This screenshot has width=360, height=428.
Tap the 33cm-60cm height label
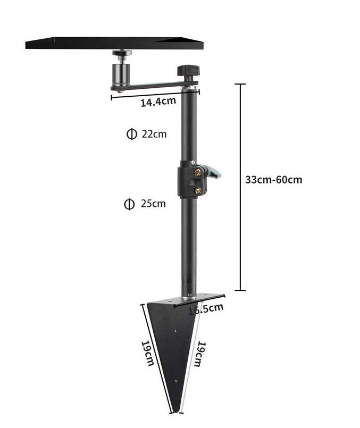point(273,180)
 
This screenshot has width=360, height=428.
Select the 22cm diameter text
point(154,134)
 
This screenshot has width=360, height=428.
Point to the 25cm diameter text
point(153,204)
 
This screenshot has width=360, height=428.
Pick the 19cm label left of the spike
point(147,353)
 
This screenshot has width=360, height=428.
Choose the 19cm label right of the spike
point(198,354)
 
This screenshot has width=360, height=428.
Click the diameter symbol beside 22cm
point(131,134)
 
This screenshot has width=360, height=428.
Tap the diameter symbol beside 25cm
point(129,204)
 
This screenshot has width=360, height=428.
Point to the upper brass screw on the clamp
point(198,172)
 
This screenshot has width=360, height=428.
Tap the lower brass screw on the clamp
point(198,190)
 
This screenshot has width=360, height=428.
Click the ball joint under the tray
point(122,55)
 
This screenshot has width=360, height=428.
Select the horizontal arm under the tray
point(149,86)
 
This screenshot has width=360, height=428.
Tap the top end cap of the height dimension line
point(240,84)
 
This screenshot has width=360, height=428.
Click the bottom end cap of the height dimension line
point(240,290)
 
